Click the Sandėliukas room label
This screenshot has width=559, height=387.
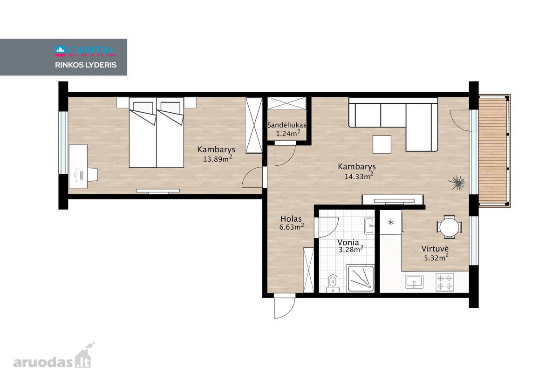click(x=286, y=125)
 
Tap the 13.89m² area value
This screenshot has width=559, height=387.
click(x=218, y=158)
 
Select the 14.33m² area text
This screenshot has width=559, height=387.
click(x=359, y=176)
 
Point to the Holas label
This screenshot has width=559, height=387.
click(x=291, y=219)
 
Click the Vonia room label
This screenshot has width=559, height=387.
click(x=348, y=242)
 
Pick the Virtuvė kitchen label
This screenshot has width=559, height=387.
click(x=435, y=249)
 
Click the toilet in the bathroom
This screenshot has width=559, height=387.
click(x=333, y=284)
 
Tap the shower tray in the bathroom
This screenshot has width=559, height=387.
click(x=361, y=278)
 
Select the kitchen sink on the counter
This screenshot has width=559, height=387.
click(x=414, y=282)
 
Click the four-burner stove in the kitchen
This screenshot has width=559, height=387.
click(x=445, y=282)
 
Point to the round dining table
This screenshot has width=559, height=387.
click(x=449, y=227)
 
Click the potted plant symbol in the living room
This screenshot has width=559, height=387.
click(x=457, y=183)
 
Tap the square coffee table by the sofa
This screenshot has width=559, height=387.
click(x=382, y=144)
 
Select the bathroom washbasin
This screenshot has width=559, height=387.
click(x=369, y=225)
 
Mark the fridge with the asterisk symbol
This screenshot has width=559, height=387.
click(x=391, y=222)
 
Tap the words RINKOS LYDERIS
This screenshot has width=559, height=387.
click(x=86, y=65)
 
